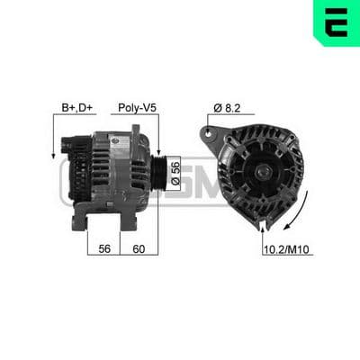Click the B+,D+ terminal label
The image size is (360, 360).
[76, 107]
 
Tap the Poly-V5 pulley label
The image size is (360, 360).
[137, 107]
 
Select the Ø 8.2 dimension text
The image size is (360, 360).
[227, 108]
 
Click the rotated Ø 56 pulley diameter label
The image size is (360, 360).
[175, 173]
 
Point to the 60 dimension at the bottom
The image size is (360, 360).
[139, 248]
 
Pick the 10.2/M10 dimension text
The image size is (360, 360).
[286, 249]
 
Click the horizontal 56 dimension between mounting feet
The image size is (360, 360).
[104, 248]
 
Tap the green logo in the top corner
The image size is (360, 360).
[337, 22]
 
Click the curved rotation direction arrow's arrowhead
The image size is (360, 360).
[287, 226]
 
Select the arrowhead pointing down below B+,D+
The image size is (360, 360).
[53, 156]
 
